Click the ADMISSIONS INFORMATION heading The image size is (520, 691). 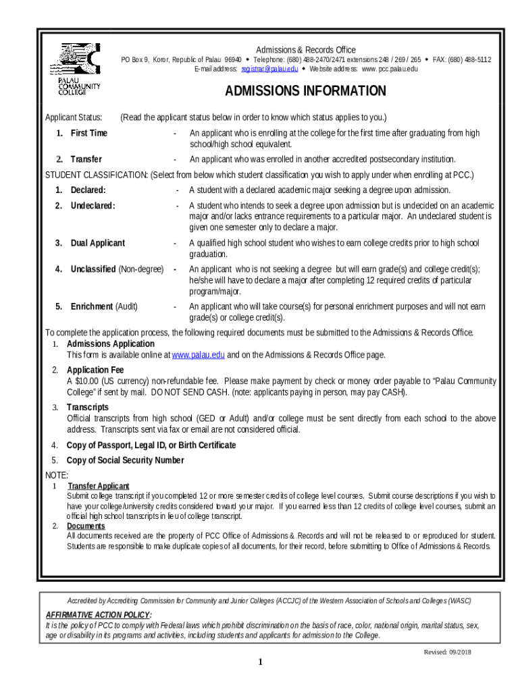[x=305, y=91]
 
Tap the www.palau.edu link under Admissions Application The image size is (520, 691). [x=198, y=355]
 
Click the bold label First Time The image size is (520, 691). [x=88, y=133]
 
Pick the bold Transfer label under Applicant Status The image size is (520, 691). [x=86, y=159]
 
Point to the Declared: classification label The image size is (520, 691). [x=88, y=190]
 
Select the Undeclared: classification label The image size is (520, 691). [x=93, y=205]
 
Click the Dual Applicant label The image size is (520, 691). [x=97, y=243]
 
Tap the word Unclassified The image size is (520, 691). [x=93, y=269]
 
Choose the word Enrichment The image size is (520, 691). [x=91, y=306]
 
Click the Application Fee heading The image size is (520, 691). [x=95, y=370]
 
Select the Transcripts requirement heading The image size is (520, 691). [x=87, y=407]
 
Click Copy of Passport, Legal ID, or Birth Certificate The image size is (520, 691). [x=151, y=445]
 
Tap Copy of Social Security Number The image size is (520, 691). [x=125, y=460]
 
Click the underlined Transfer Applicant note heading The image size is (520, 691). [x=99, y=486]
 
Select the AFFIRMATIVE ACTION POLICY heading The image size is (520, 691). [x=98, y=615]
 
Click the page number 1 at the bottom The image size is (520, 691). [x=260, y=663]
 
